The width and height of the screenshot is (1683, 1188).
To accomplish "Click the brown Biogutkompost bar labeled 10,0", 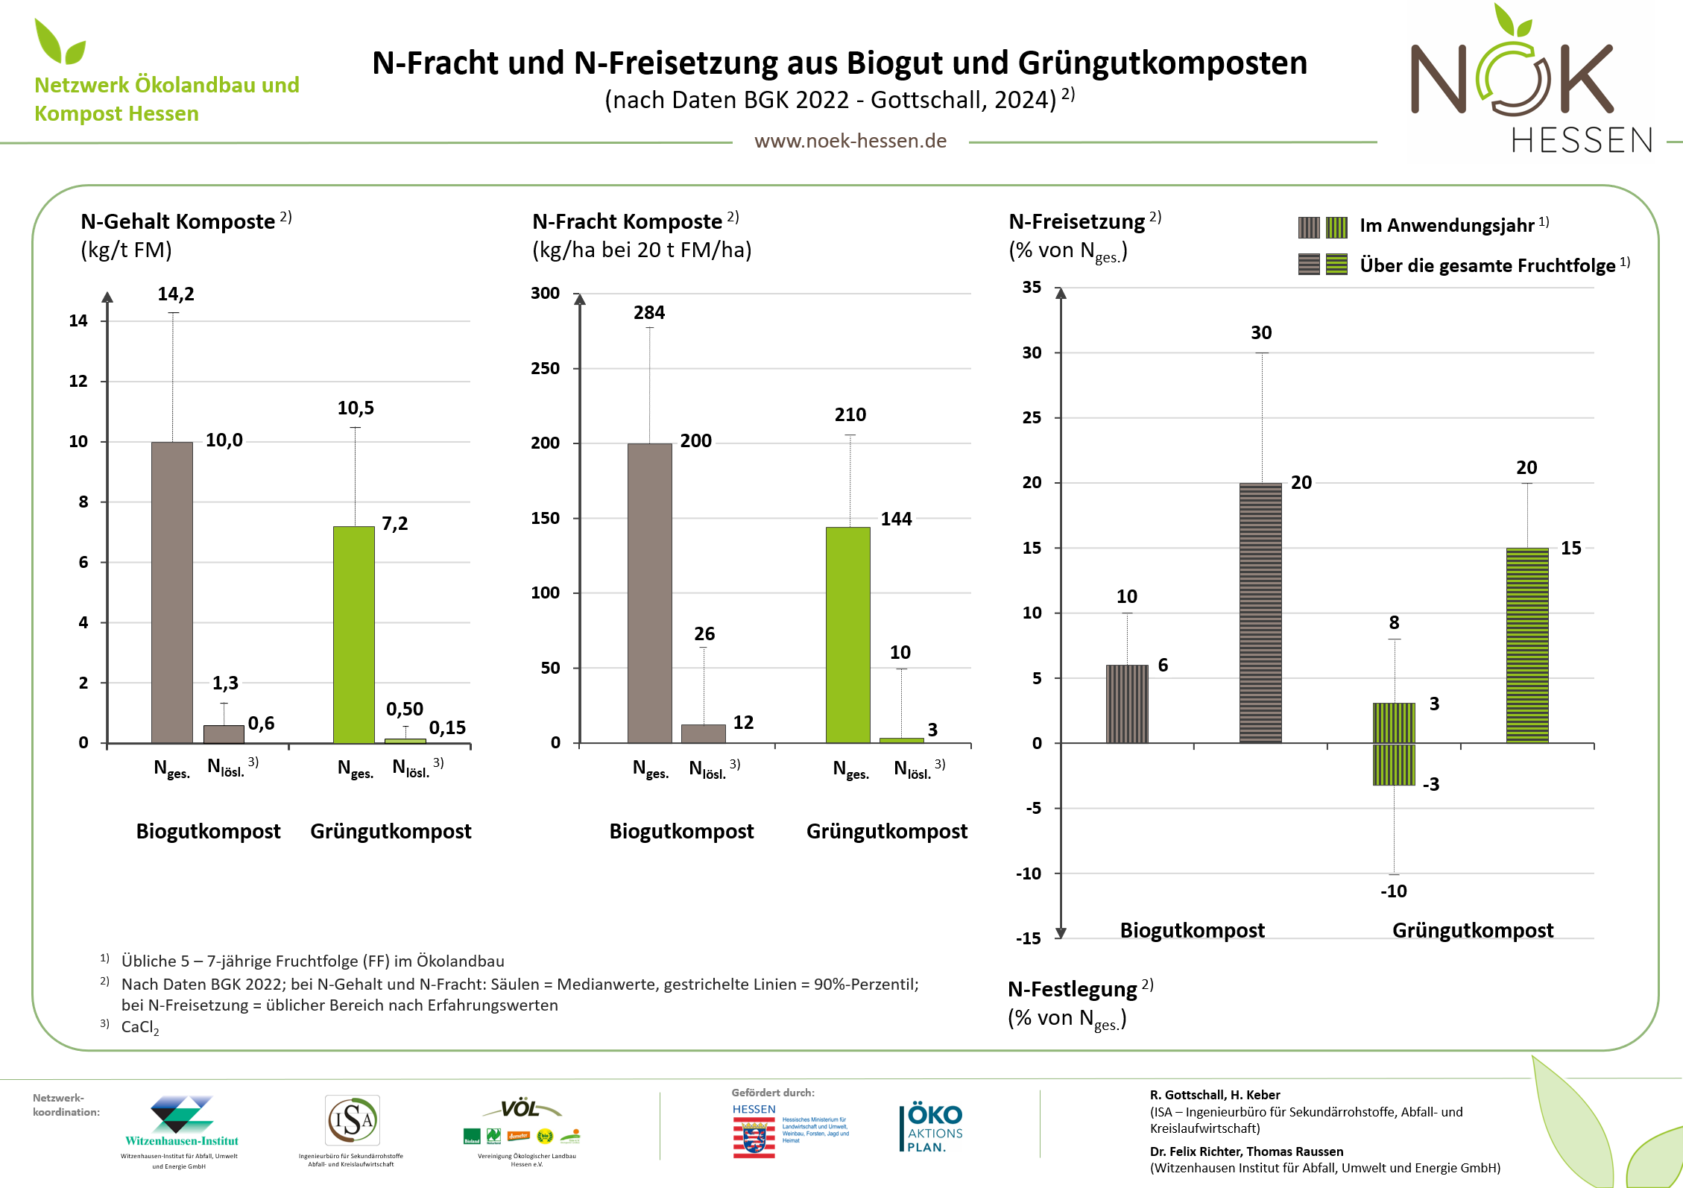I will pyautogui.click(x=172, y=593).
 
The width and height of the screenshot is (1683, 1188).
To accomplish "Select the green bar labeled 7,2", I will pyautogui.click(x=353, y=634).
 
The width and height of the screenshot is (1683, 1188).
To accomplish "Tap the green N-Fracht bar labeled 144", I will pyautogui.click(x=847, y=634).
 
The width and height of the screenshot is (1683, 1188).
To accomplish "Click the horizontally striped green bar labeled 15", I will pyautogui.click(x=1526, y=645).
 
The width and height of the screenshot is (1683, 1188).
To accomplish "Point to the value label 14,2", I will pyautogui.click(x=176, y=294).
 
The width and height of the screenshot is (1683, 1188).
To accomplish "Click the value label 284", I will pyautogui.click(x=649, y=313).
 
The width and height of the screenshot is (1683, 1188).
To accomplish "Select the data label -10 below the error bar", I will pyautogui.click(x=1393, y=891).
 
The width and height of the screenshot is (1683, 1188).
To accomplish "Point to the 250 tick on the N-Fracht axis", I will pyautogui.click(x=545, y=368).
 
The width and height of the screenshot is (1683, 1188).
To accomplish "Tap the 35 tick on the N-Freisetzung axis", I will pyautogui.click(x=1032, y=288).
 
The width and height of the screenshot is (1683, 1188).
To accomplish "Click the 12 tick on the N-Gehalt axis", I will pyautogui.click(x=78, y=382).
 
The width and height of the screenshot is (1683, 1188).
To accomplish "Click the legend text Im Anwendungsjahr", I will pyautogui.click(x=1447, y=226).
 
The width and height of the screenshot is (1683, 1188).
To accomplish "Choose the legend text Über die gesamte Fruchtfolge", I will pyautogui.click(x=1487, y=266).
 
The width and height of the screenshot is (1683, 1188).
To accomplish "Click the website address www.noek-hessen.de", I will pyautogui.click(x=850, y=141).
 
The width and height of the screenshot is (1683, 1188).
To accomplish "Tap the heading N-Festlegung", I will pyautogui.click(x=1072, y=990).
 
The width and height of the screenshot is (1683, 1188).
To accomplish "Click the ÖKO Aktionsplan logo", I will pyautogui.click(x=934, y=1128).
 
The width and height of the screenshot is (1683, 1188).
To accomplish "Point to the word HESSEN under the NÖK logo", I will pyautogui.click(x=1582, y=141).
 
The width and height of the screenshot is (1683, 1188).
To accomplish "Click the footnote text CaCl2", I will pyautogui.click(x=140, y=1027).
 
